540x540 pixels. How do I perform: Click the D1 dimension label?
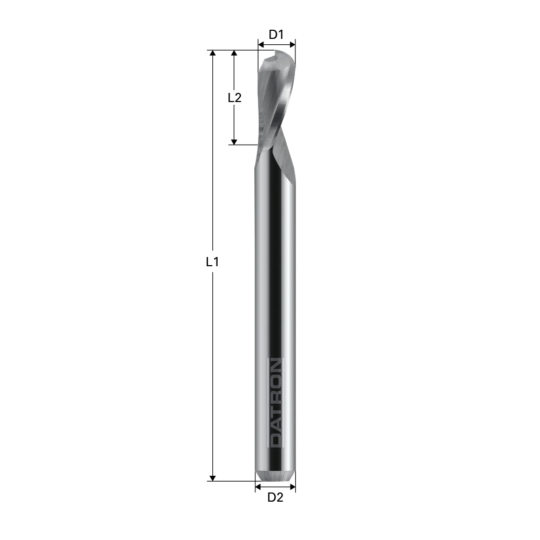tap(276, 35)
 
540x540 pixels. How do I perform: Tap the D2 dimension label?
tap(275, 497)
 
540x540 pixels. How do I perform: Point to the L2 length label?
tap(234, 98)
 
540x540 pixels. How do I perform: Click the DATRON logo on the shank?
tap(275, 402)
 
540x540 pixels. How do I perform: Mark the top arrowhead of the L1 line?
tap(213, 53)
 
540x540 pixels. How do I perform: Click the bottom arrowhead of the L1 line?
tap(213, 477)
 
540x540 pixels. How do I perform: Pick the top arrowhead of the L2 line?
tap(234, 53)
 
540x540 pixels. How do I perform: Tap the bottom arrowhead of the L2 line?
tap(234, 141)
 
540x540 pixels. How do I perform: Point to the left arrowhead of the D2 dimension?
tap(258, 487)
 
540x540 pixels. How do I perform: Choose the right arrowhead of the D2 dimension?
tap(293, 487)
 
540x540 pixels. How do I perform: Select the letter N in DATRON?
tap(275, 366)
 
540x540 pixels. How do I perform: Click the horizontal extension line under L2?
tap(242, 145)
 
